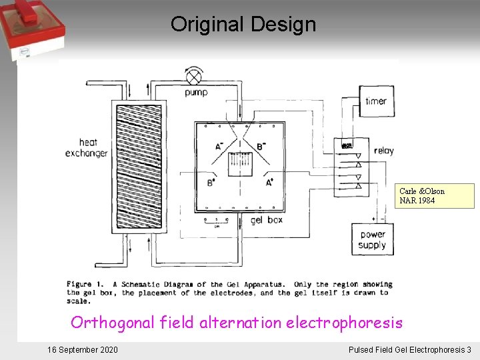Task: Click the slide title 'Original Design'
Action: point(243,25)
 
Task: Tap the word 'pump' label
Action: point(195,92)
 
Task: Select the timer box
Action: point(376,101)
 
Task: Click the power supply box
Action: point(372,239)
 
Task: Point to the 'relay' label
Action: point(384,151)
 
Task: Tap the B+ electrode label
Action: point(211,181)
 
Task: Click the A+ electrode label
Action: point(270,181)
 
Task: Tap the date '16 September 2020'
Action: point(83,350)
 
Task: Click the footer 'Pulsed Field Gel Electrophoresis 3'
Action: point(409,350)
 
